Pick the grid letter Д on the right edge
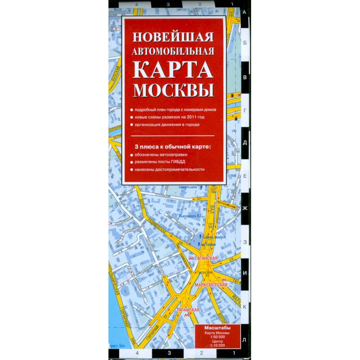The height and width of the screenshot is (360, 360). coord(245,143)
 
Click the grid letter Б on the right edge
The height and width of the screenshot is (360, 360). coord(245,44)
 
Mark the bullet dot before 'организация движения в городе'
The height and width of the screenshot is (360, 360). coord(131,124)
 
